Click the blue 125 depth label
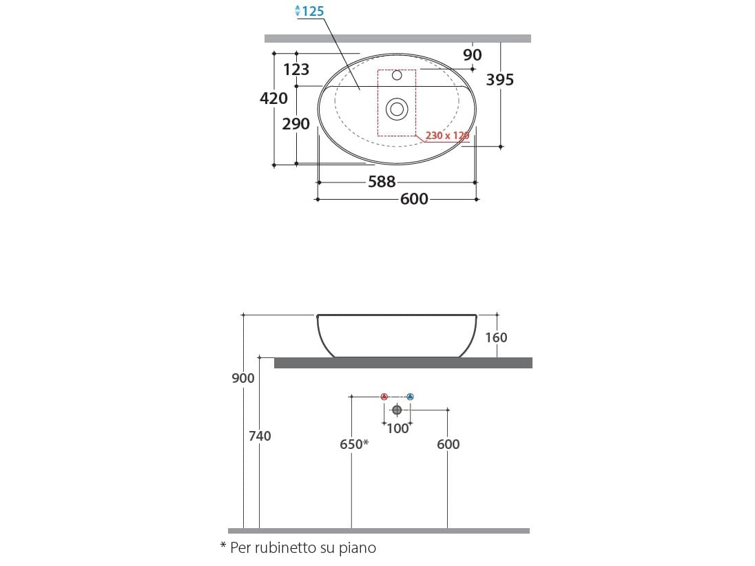pyautogui.click(x=313, y=11)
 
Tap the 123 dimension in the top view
pyautogui.click(x=296, y=70)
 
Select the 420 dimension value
pyautogui.click(x=273, y=98)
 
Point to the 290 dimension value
pyautogui.click(x=296, y=124)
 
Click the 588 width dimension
pyautogui.click(x=382, y=182)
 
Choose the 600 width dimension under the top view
pyautogui.click(x=414, y=199)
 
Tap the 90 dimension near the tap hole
pyautogui.click(x=473, y=55)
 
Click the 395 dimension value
pyautogui.click(x=500, y=80)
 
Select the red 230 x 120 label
pyautogui.click(x=447, y=136)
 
